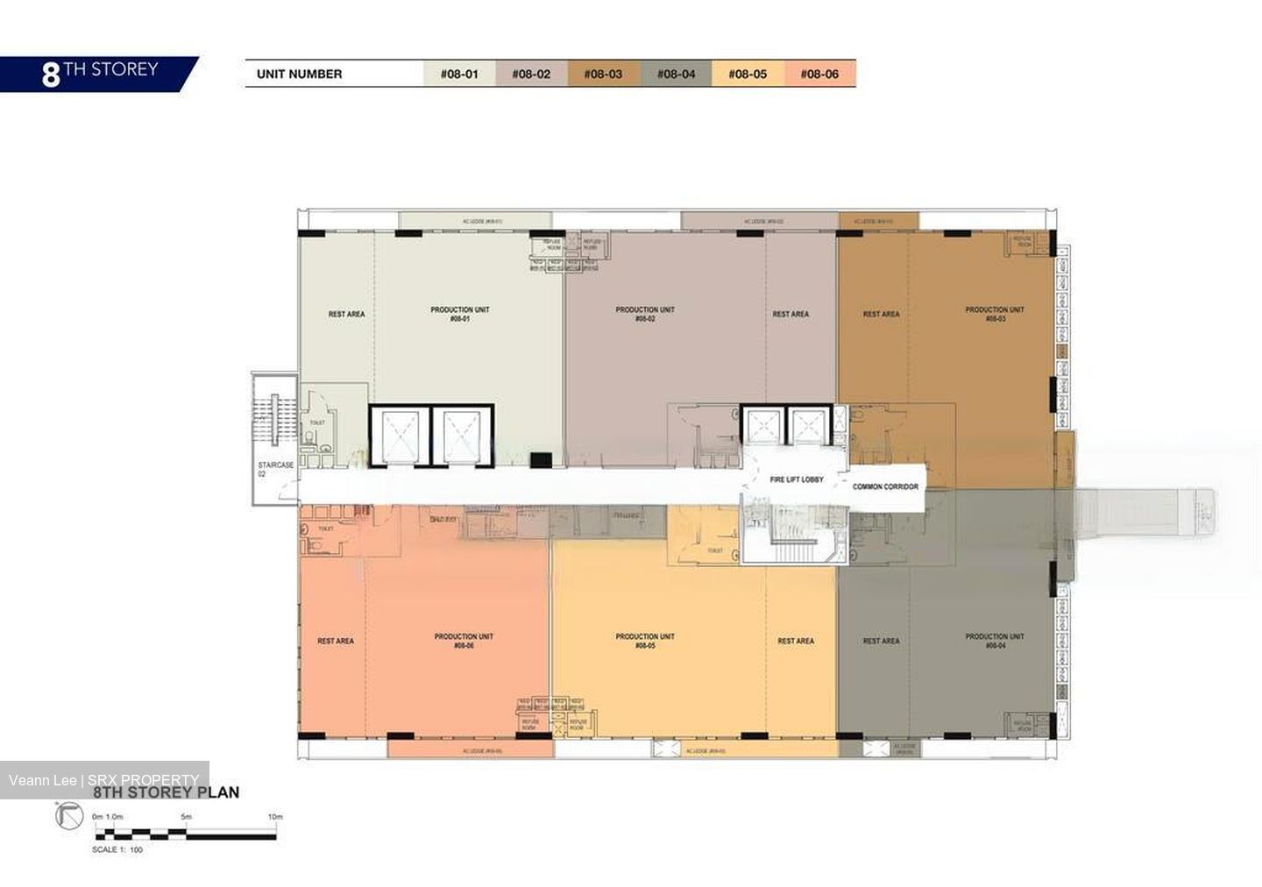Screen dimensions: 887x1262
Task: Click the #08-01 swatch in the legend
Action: point(459,74)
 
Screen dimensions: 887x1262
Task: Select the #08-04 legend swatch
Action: point(676,74)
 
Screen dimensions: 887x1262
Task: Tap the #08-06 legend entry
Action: point(819,74)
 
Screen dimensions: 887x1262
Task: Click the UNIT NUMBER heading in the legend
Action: point(299,74)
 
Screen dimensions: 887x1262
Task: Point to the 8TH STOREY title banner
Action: point(98,73)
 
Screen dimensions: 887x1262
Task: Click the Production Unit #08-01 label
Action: point(460,315)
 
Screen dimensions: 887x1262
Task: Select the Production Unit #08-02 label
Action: point(645,315)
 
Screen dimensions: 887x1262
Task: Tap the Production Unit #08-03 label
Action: point(995,315)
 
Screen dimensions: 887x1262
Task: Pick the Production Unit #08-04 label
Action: point(995,641)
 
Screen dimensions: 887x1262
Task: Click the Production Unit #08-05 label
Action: point(645,641)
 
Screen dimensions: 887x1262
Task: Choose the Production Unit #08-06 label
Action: point(464,641)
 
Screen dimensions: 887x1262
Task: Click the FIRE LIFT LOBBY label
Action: point(796,480)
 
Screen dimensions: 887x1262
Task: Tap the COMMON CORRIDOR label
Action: point(885,486)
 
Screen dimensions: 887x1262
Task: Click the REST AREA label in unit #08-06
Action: point(336,641)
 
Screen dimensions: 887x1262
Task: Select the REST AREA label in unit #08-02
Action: point(791,314)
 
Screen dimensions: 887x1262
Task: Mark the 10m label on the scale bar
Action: point(275,816)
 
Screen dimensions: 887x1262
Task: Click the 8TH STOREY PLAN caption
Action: point(166,792)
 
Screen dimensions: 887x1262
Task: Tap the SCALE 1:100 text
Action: point(117,849)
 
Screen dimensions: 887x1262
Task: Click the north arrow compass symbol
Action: point(67,817)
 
